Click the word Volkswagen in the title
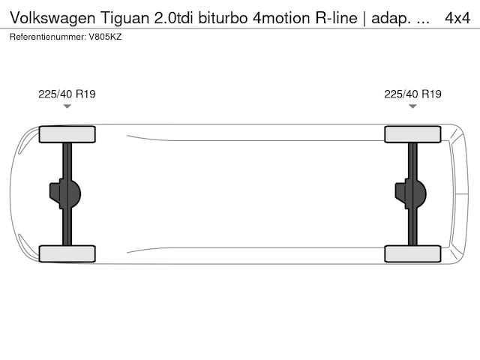52,18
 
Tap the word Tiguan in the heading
124,18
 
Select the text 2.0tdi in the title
173,18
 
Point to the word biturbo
223,18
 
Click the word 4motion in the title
282,18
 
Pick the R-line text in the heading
337,18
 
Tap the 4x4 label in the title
457,18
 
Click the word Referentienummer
48,37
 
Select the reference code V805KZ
105,37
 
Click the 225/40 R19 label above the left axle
67,94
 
